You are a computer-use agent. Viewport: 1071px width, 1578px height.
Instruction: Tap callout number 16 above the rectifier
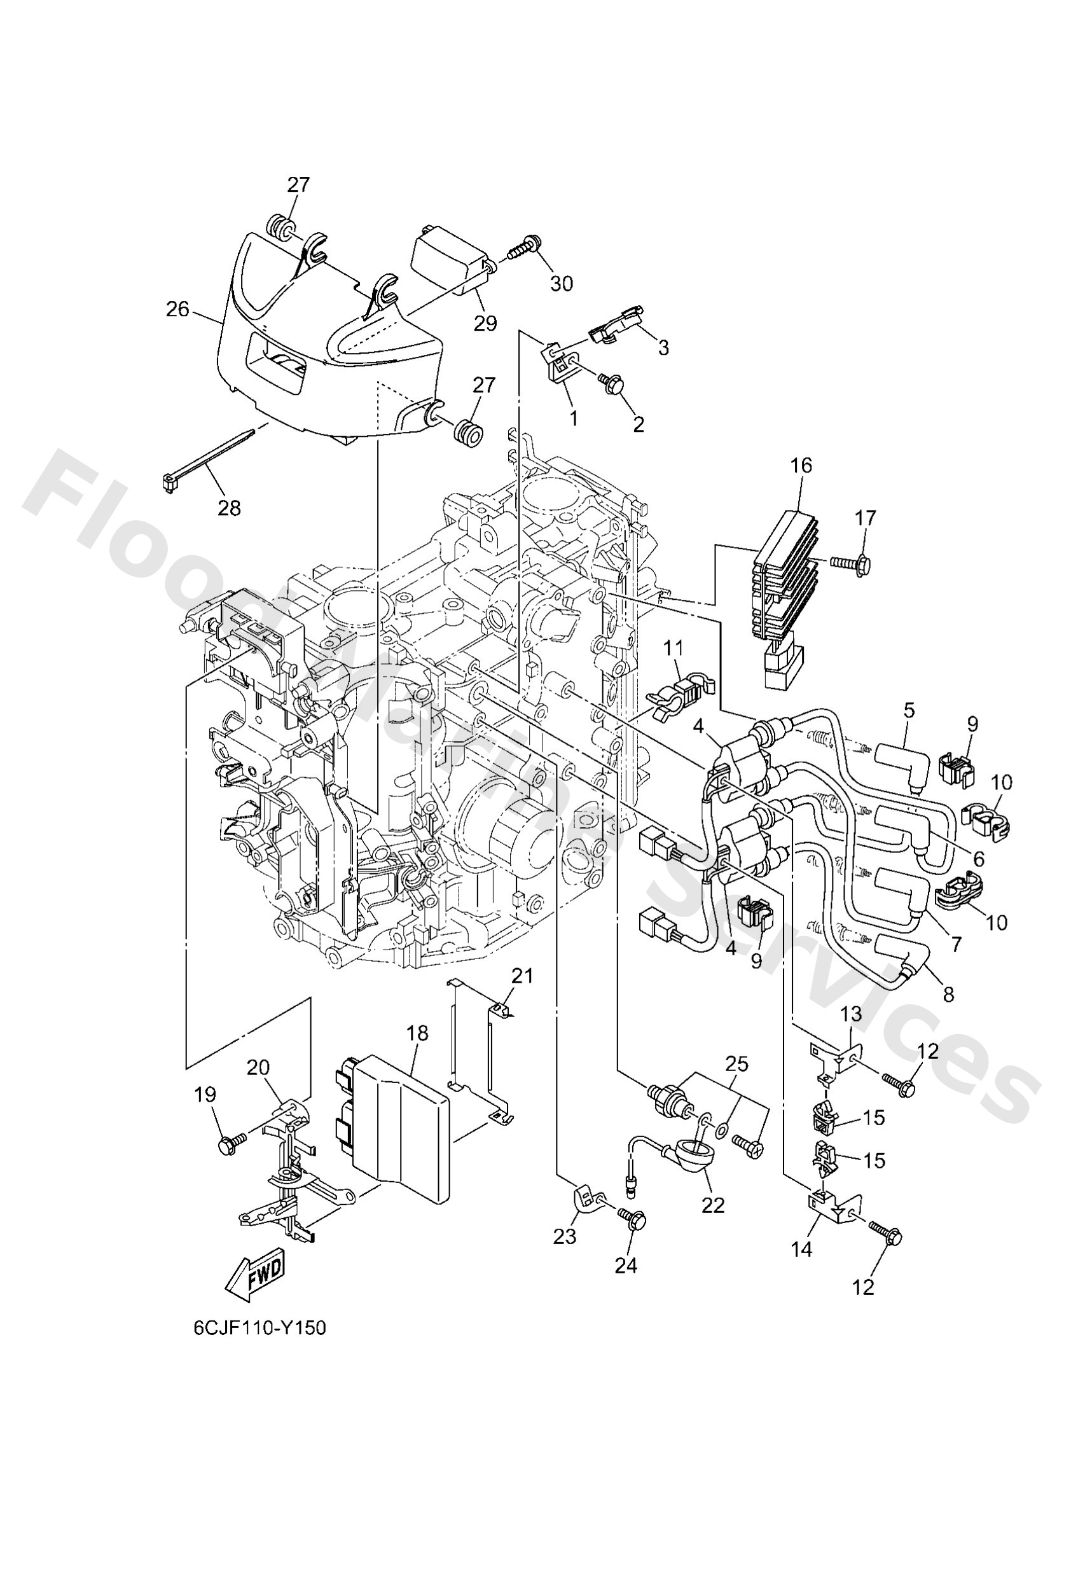pos(801,466)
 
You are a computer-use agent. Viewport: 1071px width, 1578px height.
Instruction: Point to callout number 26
pos(178,309)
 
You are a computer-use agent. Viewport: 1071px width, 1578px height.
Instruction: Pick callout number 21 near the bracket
pos(522,976)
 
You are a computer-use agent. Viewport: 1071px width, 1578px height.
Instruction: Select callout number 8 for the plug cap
pos(949,994)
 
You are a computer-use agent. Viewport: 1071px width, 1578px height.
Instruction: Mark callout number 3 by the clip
pos(663,347)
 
